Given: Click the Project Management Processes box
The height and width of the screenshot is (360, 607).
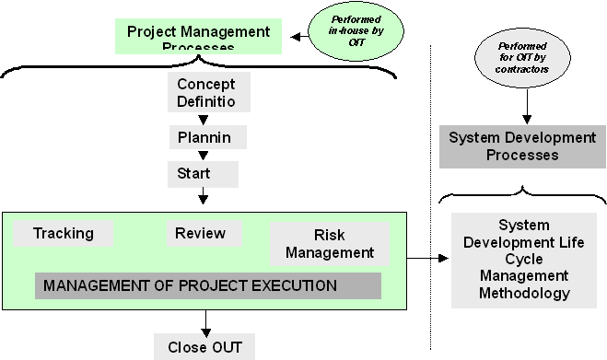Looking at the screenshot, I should (x=198, y=37).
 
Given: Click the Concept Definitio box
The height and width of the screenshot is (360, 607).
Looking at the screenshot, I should (x=205, y=93).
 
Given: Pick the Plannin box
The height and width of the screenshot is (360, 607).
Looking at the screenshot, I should (x=205, y=138).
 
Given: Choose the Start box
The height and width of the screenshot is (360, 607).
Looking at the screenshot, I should (x=202, y=173).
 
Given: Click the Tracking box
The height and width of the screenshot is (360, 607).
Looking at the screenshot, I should (x=64, y=233).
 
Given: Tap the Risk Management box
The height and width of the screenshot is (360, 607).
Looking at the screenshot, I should (x=329, y=244).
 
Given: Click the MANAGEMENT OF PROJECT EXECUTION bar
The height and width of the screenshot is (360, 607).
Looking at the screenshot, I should (x=208, y=285).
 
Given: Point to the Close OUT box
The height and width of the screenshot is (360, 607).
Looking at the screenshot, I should (x=204, y=347).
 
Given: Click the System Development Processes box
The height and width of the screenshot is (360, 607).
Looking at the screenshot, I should (x=522, y=146).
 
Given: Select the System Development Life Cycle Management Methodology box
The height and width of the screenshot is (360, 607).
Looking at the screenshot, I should (x=523, y=259).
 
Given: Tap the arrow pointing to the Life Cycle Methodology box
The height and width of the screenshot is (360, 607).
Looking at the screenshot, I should (x=428, y=259).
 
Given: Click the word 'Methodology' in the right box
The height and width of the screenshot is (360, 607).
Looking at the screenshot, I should (x=523, y=293).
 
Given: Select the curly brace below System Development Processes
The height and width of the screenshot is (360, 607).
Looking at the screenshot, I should (x=522, y=195).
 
